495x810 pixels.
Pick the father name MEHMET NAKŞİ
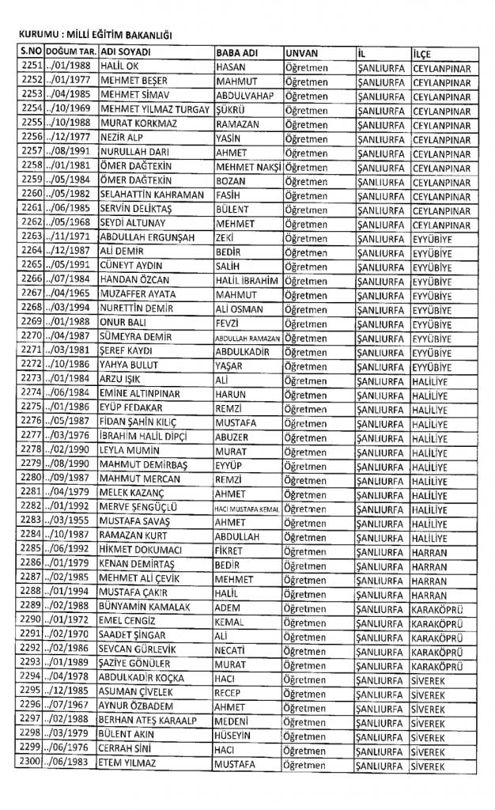(x=247, y=168)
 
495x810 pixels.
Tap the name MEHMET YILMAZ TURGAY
(x=156, y=110)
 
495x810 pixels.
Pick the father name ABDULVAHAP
(x=244, y=96)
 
